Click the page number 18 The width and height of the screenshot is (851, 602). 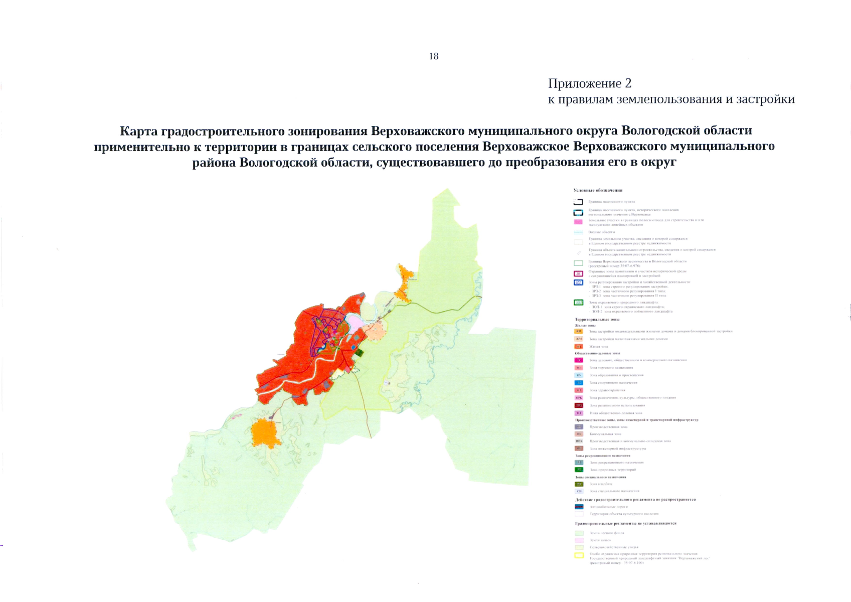point(434,56)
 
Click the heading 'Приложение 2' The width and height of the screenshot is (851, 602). point(589,83)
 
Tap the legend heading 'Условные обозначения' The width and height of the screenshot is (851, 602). point(598,191)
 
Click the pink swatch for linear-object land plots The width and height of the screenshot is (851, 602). point(578,222)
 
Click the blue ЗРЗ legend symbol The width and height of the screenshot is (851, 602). point(578,282)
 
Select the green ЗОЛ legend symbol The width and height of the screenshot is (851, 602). point(578,303)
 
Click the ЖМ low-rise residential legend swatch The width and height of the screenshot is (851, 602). point(579,339)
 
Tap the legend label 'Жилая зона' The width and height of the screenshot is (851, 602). point(599,347)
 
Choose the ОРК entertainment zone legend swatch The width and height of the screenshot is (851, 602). point(579,398)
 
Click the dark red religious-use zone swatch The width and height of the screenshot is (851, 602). point(579,405)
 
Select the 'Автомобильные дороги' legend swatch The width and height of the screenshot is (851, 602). point(579,507)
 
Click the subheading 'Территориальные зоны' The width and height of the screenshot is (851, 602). point(597,319)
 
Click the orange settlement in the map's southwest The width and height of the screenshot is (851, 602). point(264,432)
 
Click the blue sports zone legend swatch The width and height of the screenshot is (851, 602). point(579,383)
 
